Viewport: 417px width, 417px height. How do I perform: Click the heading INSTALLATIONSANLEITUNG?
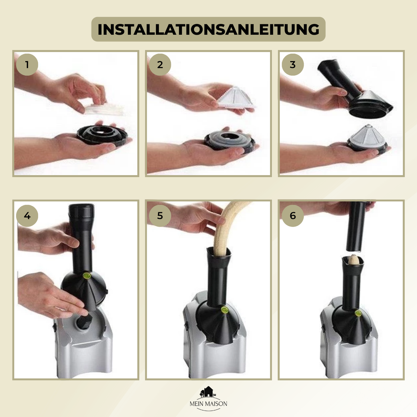point(208,29)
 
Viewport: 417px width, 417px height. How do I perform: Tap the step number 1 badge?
point(27,65)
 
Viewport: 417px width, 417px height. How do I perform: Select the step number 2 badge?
point(160,65)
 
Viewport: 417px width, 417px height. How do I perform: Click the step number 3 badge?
point(293,65)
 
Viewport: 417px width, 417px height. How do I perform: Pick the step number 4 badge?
point(27,215)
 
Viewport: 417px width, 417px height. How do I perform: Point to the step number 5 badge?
point(160,215)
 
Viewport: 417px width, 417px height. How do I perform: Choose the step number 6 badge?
point(293,215)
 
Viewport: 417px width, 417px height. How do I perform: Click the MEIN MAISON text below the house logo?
point(208,404)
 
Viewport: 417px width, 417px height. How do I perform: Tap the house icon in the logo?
point(207,392)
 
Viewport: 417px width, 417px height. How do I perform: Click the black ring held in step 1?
point(102,135)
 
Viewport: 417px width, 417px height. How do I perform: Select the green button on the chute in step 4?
point(86,276)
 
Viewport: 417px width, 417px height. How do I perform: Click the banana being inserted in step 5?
point(229,229)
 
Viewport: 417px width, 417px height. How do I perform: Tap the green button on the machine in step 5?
point(224,310)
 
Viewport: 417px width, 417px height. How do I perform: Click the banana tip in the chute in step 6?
point(353,260)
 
